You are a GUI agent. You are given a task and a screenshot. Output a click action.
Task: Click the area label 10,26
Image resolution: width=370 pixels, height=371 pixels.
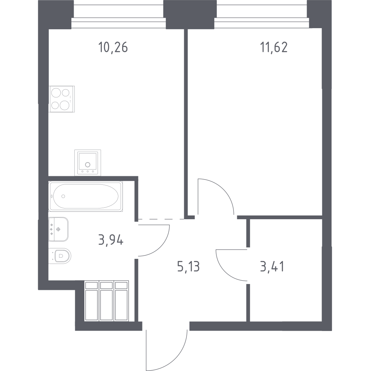pos(113,47)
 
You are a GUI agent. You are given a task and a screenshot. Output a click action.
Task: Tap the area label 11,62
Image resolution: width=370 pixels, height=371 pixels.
pos(274,47)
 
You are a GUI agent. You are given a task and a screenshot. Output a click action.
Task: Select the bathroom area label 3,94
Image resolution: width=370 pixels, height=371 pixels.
pos(111,241)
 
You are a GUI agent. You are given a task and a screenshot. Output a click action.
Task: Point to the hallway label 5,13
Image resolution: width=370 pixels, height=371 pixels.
pos(188,267)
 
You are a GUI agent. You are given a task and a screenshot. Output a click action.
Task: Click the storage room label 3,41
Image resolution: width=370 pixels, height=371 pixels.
pos(272,267)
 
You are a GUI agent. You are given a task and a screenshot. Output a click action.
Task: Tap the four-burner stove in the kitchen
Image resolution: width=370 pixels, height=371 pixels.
pos(62,99)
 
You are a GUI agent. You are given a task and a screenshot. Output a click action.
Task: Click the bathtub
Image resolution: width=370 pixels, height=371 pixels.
pos(85,196)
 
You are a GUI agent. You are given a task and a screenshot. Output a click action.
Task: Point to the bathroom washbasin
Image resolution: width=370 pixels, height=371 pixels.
pos(58,229)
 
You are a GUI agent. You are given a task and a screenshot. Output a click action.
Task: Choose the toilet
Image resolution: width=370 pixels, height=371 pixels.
pos(60,256)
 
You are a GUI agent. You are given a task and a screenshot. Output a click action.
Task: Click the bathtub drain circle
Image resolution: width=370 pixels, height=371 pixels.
pos(63,196)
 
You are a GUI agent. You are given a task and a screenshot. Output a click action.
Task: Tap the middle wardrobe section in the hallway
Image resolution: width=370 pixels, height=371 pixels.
pos(107,301)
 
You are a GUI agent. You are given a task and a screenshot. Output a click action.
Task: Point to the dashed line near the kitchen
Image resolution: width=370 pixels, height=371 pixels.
pos(161,219)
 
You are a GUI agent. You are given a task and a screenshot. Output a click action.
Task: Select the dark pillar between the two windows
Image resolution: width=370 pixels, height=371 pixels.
pos(190,14)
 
